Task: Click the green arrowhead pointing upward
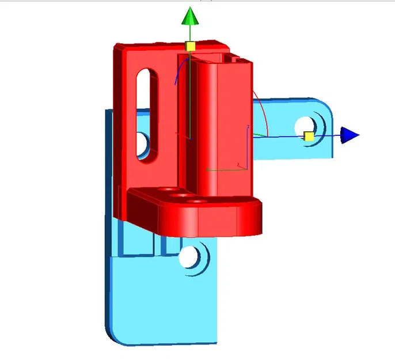(190, 17)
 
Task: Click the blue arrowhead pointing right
(348, 135)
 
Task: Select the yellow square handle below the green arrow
(190, 46)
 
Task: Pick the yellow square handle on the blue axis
(309, 136)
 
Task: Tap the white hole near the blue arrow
(303, 126)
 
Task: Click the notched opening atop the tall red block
(236, 58)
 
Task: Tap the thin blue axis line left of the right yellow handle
(282, 137)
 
